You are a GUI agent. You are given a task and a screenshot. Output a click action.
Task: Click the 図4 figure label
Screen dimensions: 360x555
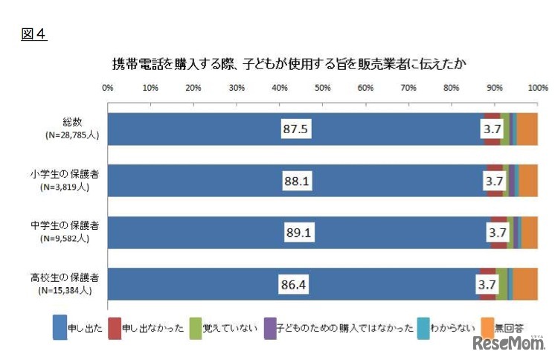pyautogui.click(x=33, y=34)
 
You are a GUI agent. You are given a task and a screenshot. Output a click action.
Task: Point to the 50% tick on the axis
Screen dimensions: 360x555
pyautogui.click(x=322, y=89)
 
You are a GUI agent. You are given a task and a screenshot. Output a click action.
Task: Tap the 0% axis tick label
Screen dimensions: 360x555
pyautogui.click(x=108, y=89)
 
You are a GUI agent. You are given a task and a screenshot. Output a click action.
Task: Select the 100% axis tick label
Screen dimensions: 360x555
pyautogui.click(x=537, y=89)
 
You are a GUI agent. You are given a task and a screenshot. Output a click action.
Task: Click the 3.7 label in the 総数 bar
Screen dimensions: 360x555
pyautogui.click(x=493, y=129)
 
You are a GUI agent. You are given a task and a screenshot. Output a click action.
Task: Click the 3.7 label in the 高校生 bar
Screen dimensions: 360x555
pyautogui.click(x=487, y=284)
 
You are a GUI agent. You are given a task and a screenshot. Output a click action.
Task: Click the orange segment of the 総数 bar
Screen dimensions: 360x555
pyautogui.click(x=527, y=129)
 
